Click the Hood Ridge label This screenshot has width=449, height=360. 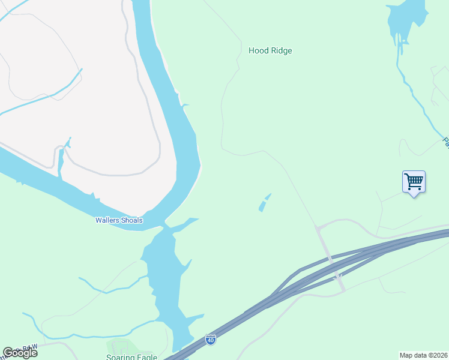pyautogui.click(x=270, y=51)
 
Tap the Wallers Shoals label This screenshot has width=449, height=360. pyautogui.click(x=119, y=220)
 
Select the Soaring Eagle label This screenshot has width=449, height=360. pyautogui.click(x=131, y=357)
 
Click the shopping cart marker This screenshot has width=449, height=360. pyautogui.click(x=414, y=181)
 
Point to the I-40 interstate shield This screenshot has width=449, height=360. pyautogui.click(x=210, y=340)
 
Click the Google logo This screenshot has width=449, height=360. pyautogui.click(x=20, y=353)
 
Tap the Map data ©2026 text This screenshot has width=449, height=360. pyautogui.click(x=423, y=355)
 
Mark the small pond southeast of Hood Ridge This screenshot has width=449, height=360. pyautogui.click(x=264, y=202)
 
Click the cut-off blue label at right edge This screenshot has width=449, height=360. pyautogui.click(x=445, y=142)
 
